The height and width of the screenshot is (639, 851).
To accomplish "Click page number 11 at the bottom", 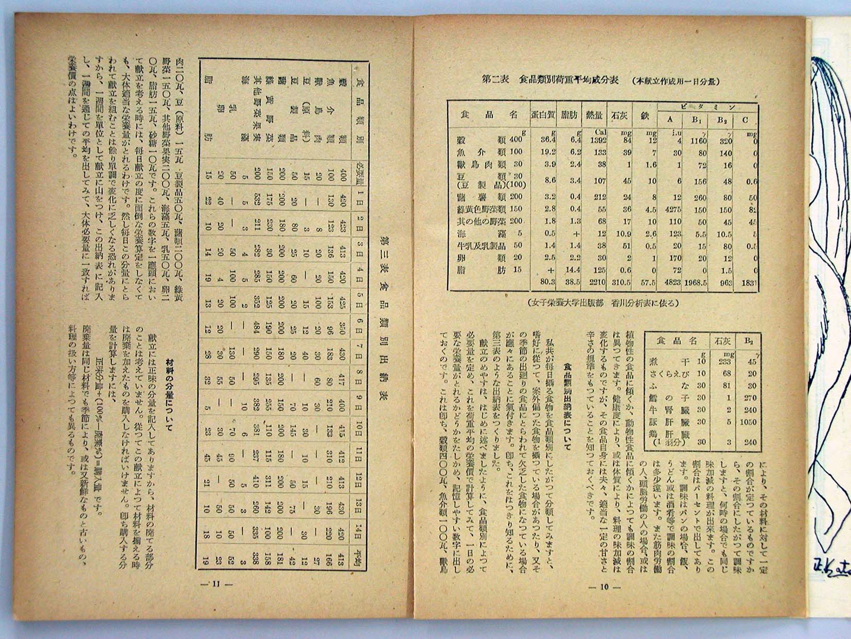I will pyautogui.click(x=216, y=584).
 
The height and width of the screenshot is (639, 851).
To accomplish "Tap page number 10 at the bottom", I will pyautogui.click(x=604, y=586).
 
